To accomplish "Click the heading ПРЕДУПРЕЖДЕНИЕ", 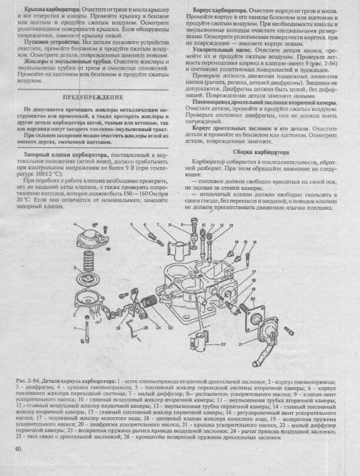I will pos(98,97).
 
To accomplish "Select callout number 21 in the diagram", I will pos(240,343).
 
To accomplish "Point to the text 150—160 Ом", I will pos(132,193).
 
